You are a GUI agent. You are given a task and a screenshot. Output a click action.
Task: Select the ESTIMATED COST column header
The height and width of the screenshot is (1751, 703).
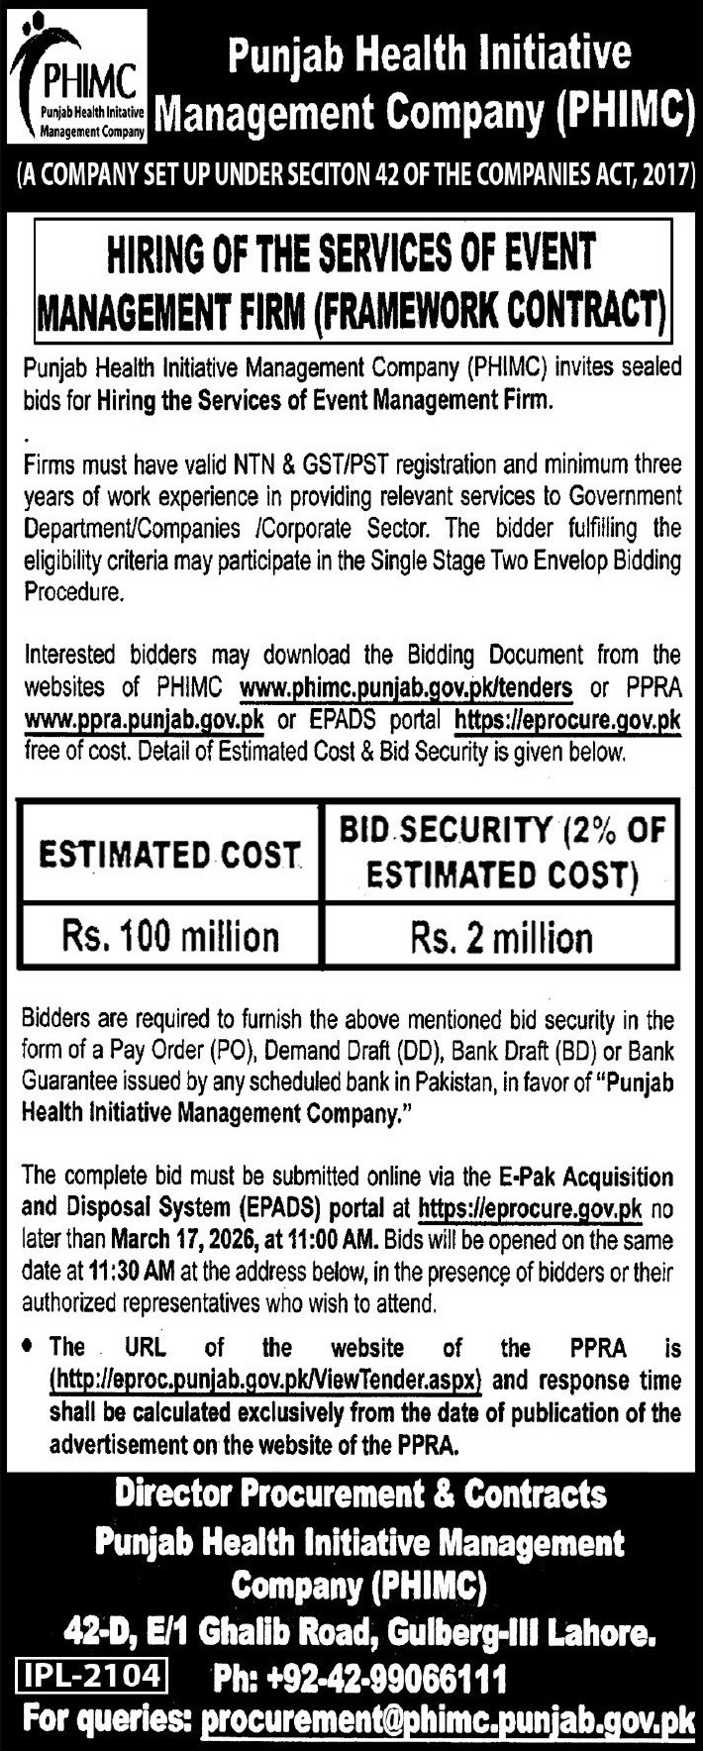[169, 855]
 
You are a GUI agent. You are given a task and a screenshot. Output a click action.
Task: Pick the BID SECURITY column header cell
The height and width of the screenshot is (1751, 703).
[502, 852]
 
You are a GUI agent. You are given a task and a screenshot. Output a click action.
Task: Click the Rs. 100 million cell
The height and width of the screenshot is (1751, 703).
[170, 935]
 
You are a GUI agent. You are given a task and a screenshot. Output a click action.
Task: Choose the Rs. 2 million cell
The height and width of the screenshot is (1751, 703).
[502, 936]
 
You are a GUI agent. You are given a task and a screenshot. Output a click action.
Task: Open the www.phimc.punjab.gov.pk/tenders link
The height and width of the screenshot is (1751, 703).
[406, 686]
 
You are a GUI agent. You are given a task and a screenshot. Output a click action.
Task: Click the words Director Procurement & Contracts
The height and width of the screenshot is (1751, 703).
[359, 1492]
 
